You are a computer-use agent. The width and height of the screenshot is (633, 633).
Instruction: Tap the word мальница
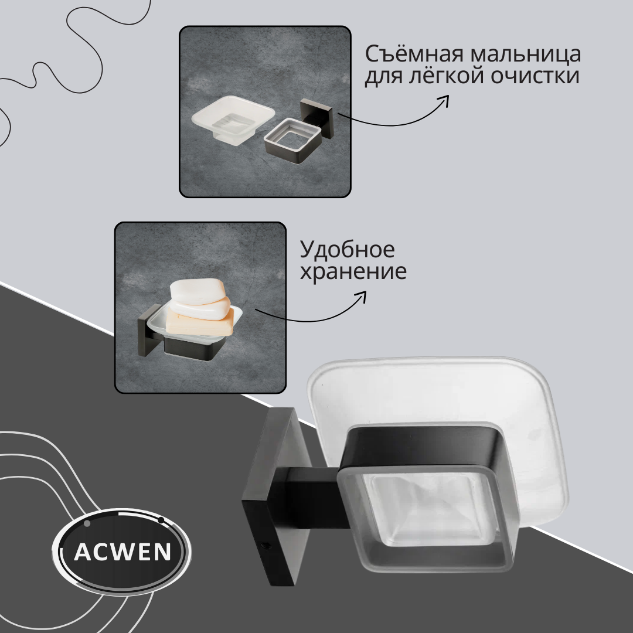[x=525, y=55]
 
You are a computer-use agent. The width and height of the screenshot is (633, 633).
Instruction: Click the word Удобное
[x=347, y=250]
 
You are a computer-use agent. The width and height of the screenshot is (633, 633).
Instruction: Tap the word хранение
[x=353, y=271]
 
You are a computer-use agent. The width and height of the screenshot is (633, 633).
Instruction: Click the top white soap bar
[x=197, y=291]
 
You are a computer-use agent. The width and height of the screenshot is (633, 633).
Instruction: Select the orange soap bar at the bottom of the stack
[x=200, y=322]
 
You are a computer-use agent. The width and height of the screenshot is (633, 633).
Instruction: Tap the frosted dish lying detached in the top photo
[x=233, y=120]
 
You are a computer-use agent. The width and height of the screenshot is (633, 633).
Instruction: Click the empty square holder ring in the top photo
[x=292, y=141]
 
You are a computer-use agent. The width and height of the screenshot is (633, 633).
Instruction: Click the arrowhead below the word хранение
[x=361, y=297]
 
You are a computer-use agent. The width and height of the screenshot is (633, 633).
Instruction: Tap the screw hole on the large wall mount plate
[x=265, y=546]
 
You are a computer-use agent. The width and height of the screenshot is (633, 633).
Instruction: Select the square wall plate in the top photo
[x=316, y=118]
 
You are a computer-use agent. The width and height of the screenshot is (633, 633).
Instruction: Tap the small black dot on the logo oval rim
[x=161, y=520]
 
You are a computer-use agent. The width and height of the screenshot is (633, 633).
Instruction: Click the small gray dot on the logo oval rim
[x=87, y=523]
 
